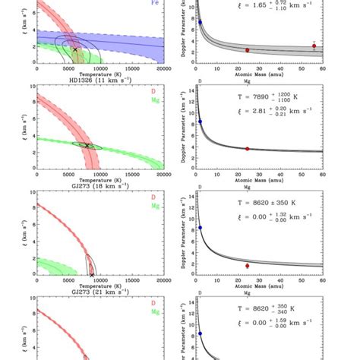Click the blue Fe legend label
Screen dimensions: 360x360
tap(156, 3)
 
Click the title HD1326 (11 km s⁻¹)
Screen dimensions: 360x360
tap(98, 79)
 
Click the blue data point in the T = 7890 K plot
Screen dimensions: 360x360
tap(200, 122)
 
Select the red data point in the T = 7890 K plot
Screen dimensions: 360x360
tap(247, 149)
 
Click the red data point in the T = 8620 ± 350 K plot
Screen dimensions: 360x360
tap(247, 265)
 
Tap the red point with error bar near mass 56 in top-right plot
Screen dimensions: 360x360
tap(314, 46)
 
